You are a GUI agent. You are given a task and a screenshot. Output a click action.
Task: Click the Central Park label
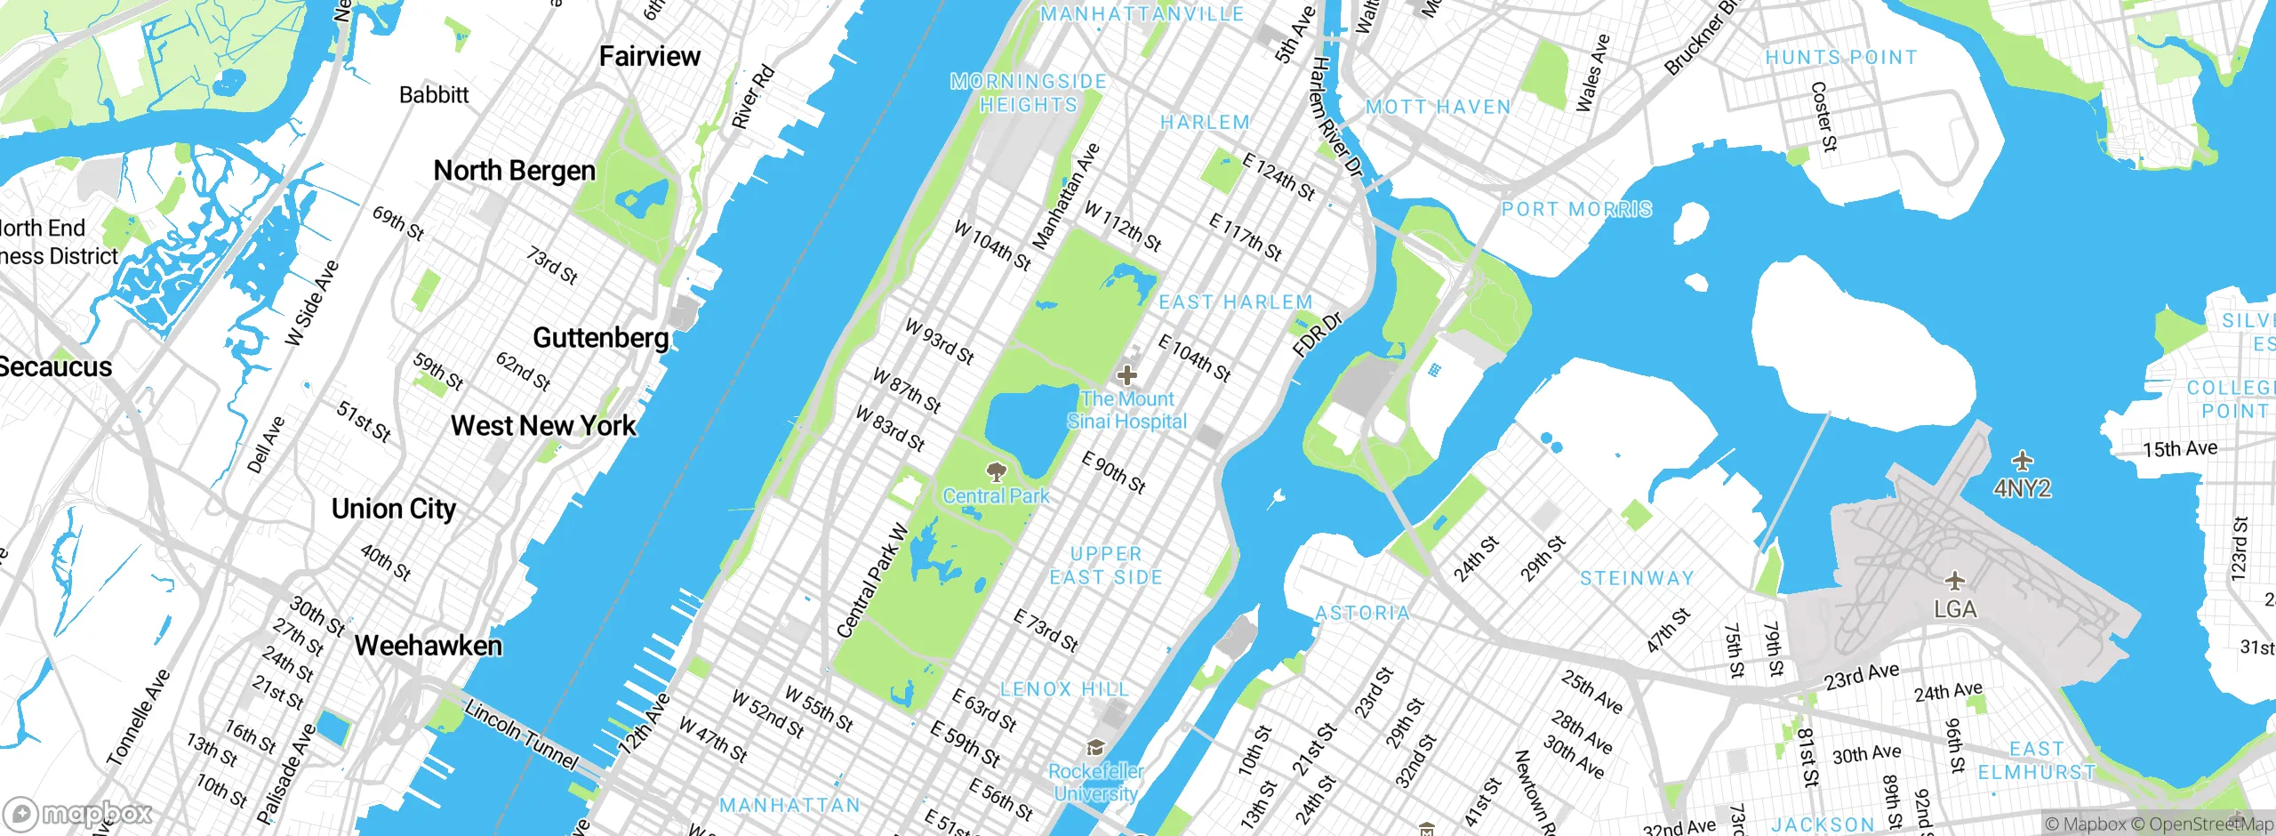[x=996, y=496]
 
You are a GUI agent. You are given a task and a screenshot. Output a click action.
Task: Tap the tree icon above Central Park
[x=997, y=470]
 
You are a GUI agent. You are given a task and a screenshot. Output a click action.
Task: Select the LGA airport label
[x=1955, y=610]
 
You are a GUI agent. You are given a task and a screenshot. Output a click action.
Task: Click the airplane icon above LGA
[x=1954, y=582]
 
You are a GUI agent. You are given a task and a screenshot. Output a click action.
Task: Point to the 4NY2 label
[x=2022, y=488]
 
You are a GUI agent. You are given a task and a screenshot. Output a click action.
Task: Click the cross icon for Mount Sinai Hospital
[x=1126, y=374]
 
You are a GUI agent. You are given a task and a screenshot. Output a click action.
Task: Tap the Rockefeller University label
[x=1095, y=783]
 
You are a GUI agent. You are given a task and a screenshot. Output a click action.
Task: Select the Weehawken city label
[x=429, y=646]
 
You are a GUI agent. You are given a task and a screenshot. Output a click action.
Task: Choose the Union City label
[x=394, y=509]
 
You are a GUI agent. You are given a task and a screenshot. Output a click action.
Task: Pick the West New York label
[x=543, y=426]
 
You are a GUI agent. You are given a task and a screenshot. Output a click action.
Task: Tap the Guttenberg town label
[x=601, y=338]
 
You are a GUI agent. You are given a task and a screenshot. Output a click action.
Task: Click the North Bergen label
[x=514, y=171]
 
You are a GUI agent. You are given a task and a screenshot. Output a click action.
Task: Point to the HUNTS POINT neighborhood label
[x=1841, y=58]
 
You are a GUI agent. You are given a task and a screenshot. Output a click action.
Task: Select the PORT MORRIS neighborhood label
[x=1576, y=210]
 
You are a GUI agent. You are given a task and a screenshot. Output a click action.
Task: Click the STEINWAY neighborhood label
[x=1637, y=578]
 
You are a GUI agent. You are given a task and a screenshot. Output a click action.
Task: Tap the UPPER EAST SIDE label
[x=1106, y=566]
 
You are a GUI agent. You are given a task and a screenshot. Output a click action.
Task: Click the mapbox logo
[x=77, y=814]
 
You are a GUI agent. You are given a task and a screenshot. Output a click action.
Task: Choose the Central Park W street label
[x=873, y=582]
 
